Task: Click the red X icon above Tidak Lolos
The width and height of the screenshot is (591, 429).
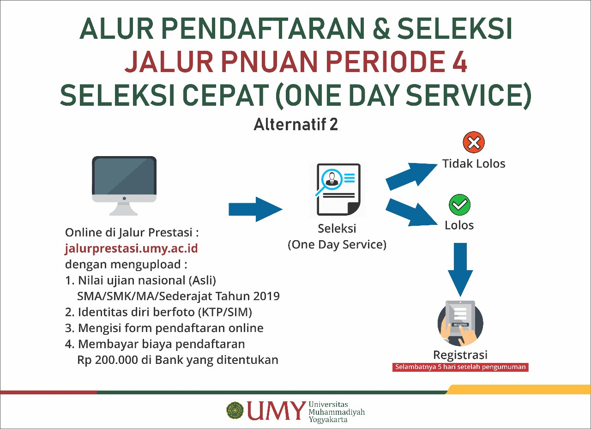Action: (474, 142)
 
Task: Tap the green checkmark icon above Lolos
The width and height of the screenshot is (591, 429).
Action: (459, 205)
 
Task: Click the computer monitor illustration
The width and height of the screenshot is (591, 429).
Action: (124, 186)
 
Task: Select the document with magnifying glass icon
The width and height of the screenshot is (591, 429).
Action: (338, 190)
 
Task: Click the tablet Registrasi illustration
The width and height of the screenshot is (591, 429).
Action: (460, 323)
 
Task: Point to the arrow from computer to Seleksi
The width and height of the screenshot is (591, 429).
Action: (255, 209)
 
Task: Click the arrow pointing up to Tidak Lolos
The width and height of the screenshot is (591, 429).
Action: (411, 176)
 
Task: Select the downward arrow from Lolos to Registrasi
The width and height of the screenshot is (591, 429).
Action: (460, 270)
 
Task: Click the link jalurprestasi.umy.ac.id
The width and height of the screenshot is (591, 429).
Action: (132, 248)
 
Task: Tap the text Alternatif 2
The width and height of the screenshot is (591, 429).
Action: (295, 124)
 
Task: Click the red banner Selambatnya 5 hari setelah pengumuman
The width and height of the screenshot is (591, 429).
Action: (460, 367)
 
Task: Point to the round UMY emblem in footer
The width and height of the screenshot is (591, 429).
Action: (235, 411)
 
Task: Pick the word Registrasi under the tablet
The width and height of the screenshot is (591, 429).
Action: (460, 355)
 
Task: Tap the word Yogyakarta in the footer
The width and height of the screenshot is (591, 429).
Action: (328, 419)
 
